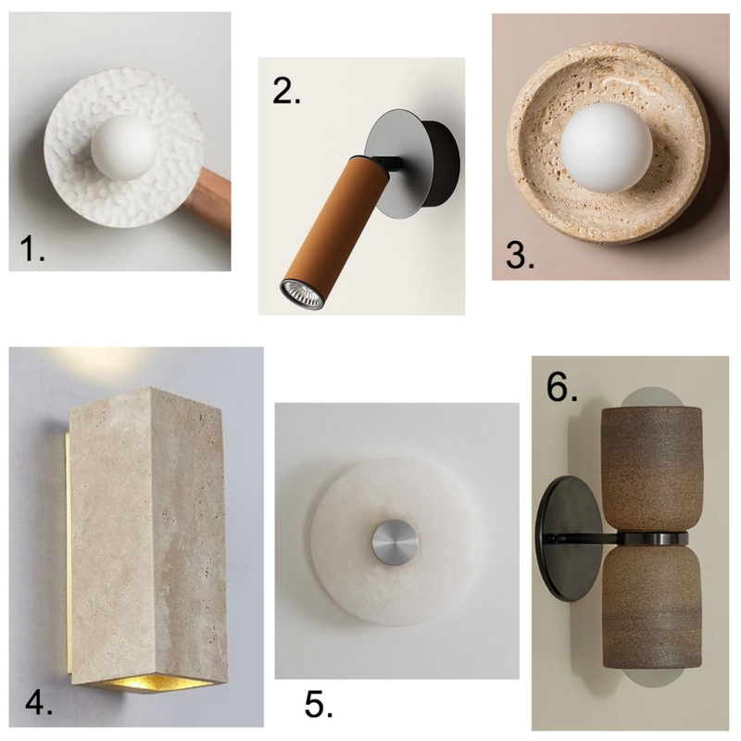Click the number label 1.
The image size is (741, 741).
click(x=32, y=248)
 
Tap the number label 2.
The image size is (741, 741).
click(x=286, y=90)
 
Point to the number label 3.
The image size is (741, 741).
click(x=520, y=255)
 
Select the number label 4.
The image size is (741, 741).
click(x=38, y=702)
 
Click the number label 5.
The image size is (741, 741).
click(x=318, y=705)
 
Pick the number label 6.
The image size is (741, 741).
click(x=562, y=386)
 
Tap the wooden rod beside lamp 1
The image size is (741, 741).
click(x=209, y=198)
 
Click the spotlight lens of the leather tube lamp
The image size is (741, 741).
click(x=302, y=294)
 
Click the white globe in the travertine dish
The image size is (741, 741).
click(x=607, y=148)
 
